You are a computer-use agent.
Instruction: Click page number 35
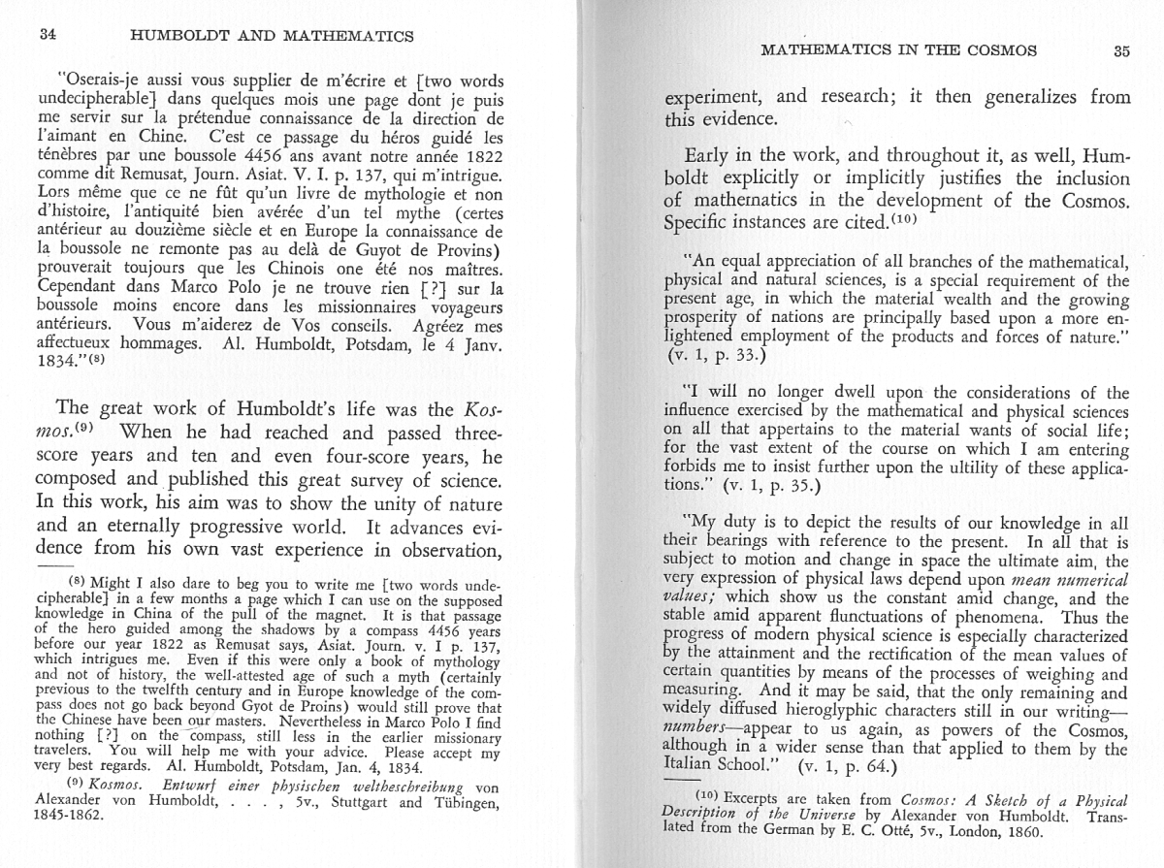click(x=1120, y=50)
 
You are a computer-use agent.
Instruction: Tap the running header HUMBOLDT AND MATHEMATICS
click(x=272, y=36)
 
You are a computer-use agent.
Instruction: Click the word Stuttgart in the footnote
click(x=370, y=801)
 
